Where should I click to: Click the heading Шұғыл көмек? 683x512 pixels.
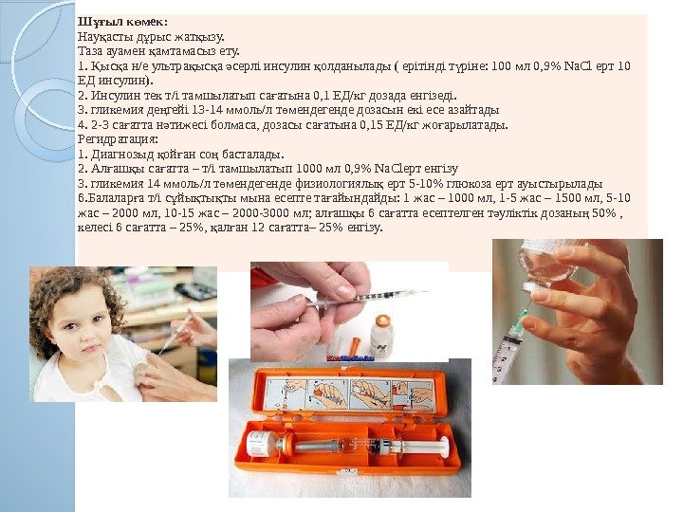coord(122,21)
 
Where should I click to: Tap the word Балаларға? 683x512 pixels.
coord(115,198)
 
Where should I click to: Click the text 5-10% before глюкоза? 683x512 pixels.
coord(420,183)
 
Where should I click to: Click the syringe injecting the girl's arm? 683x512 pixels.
coord(175,332)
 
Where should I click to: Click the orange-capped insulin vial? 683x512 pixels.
coord(380,335)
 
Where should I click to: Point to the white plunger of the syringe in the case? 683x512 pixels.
coord(422,448)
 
